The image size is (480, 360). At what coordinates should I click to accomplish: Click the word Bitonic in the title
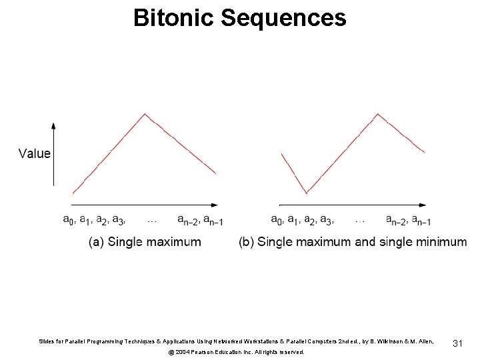pyautogui.click(x=174, y=18)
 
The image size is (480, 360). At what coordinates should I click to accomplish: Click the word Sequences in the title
pyautogui.click(x=283, y=18)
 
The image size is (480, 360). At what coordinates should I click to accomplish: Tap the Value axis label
pyautogui.click(x=35, y=153)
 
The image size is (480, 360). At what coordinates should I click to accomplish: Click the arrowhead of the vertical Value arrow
pyautogui.click(x=53, y=125)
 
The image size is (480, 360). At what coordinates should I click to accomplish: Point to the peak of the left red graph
pyautogui.click(x=145, y=114)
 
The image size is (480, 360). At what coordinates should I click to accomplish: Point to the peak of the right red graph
pyautogui.click(x=378, y=114)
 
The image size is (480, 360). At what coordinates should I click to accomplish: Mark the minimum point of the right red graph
pyautogui.click(x=307, y=193)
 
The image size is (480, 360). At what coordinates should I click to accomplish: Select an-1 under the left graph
pyautogui.click(x=213, y=219)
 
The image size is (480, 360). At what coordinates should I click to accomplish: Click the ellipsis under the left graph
pyautogui.click(x=152, y=219)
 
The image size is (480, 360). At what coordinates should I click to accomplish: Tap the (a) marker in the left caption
pyautogui.click(x=97, y=241)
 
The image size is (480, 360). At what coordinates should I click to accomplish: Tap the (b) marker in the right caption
pyautogui.click(x=246, y=241)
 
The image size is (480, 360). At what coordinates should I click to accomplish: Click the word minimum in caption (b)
pyautogui.click(x=441, y=241)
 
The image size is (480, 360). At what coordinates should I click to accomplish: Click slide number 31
pyautogui.click(x=457, y=343)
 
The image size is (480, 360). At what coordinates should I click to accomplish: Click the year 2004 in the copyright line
pyautogui.click(x=183, y=351)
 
